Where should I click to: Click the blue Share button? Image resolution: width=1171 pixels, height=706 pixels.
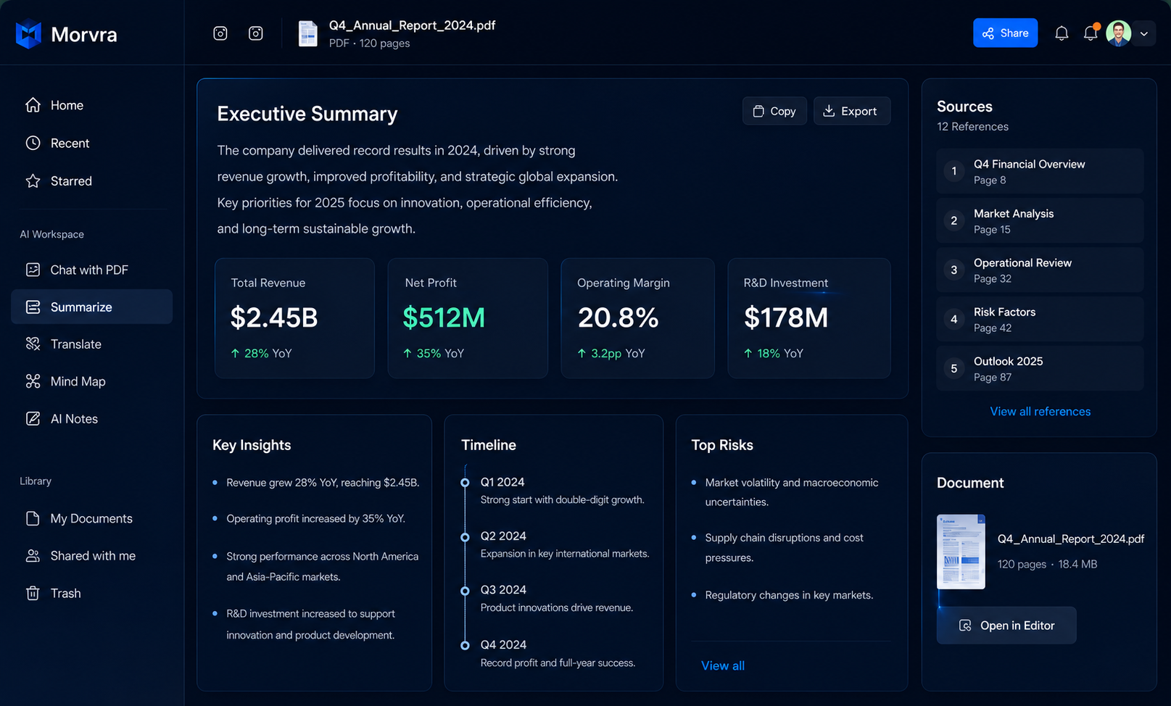click(x=1005, y=33)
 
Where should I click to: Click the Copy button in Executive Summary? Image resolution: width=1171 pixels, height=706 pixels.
click(x=774, y=111)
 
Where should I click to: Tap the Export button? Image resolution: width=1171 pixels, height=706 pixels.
click(x=851, y=111)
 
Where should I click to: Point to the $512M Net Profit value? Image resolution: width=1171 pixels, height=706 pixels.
click(x=444, y=317)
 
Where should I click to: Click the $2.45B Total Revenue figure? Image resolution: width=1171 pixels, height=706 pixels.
click(x=274, y=317)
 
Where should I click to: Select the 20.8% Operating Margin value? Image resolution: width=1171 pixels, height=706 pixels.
click(x=618, y=317)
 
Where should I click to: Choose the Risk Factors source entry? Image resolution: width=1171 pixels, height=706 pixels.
click(x=1040, y=319)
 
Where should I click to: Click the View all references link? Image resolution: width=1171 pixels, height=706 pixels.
click(x=1040, y=411)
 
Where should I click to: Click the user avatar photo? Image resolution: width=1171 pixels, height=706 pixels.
click(x=1118, y=33)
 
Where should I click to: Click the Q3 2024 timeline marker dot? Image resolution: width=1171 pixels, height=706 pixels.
click(x=465, y=591)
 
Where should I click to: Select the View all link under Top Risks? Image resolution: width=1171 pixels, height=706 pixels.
click(x=722, y=665)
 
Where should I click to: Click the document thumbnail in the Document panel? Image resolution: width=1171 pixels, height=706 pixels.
click(x=961, y=552)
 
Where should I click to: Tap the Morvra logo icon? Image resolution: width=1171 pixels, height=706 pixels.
click(x=28, y=34)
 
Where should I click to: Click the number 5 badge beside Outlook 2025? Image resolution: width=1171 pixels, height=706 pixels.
click(x=953, y=368)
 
